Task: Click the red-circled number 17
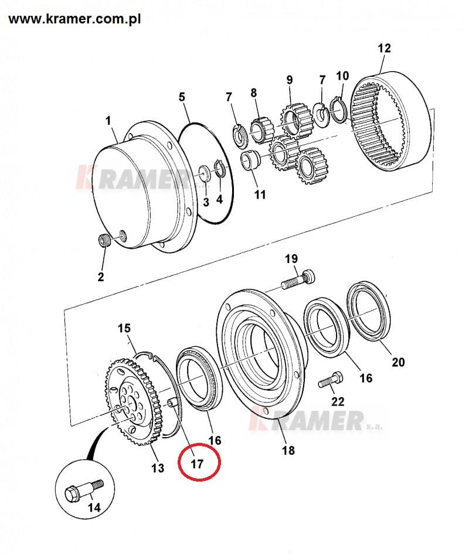(x=197, y=464)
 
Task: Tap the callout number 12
(x=384, y=48)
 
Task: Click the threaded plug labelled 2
(x=104, y=241)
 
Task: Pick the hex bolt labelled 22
(x=331, y=380)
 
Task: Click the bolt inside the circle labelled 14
(x=84, y=490)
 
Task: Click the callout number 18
(x=288, y=451)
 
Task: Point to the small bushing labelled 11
(x=251, y=160)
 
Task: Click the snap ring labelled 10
(x=339, y=111)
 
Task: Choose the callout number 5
(x=182, y=97)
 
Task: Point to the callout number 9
(x=290, y=80)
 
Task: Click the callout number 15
(x=124, y=328)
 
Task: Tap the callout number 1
(x=108, y=121)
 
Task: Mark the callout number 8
(x=254, y=93)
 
